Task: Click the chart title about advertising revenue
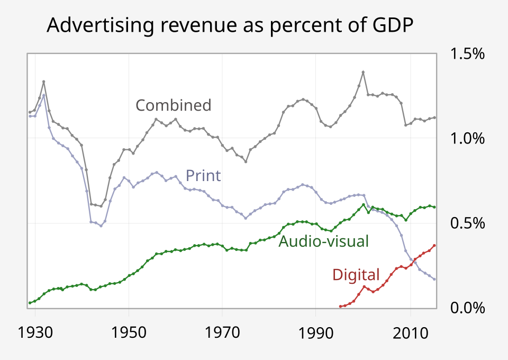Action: pyautogui.click(x=229, y=25)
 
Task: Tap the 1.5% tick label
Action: pyautogui.click(x=467, y=54)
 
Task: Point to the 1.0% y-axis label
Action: pyautogui.click(x=467, y=139)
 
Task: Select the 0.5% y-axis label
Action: pyautogui.click(x=467, y=223)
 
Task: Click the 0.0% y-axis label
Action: pyautogui.click(x=467, y=308)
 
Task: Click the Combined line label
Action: pyautogui.click(x=174, y=105)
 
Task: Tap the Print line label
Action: pyautogui.click(x=203, y=176)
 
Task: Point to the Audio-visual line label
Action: pyautogui.click(x=323, y=241)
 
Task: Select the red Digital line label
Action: pyautogui.click(x=356, y=275)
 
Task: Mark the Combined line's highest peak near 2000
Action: pyautogui.click(x=363, y=72)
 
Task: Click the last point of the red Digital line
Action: pyautogui.click(x=434, y=245)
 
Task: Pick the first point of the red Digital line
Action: pyautogui.click(x=340, y=306)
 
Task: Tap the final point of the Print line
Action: pyautogui.click(x=434, y=279)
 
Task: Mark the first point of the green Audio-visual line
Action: pyautogui.click(x=30, y=303)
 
